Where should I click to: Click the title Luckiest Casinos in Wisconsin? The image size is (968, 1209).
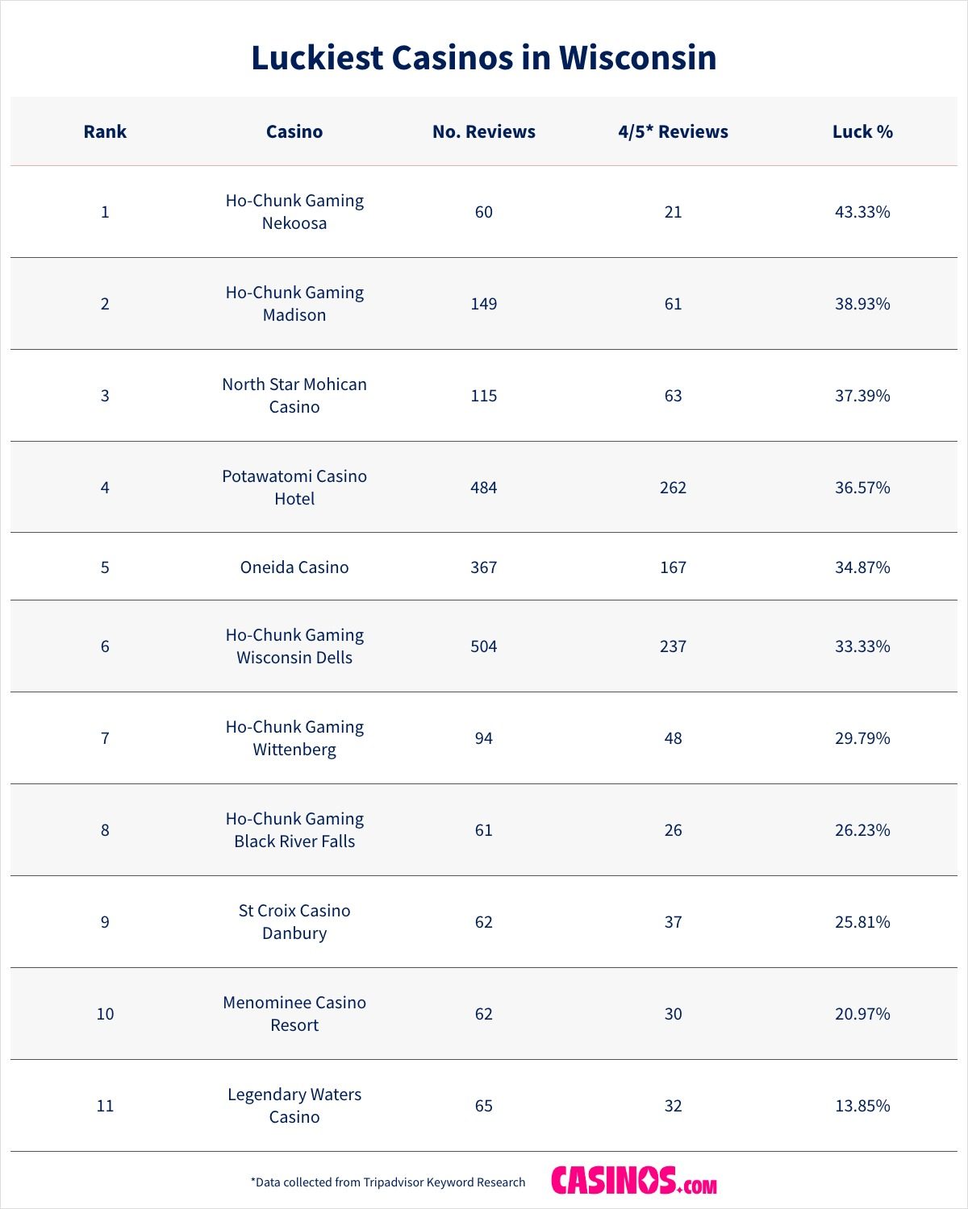click(x=483, y=58)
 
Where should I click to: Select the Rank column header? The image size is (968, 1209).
click(x=105, y=131)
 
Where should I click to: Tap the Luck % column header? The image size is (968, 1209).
click(x=862, y=131)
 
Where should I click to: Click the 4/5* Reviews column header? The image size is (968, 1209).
click(x=673, y=131)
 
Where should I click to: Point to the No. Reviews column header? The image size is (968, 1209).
click(x=483, y=131)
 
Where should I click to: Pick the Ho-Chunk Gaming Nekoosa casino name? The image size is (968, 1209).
click(x=294, y=211)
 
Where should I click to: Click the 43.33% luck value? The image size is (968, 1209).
click(x=862, y=212)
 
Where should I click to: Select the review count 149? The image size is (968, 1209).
click(x=483, y=304)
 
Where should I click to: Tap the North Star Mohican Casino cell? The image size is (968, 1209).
click(x=294, y=395)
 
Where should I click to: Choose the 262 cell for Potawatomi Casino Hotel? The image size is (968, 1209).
click(x=673, y=488)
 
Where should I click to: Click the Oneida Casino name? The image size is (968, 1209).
click(x=294, y=567)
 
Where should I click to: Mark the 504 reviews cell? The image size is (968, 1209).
click(x=483, y=646)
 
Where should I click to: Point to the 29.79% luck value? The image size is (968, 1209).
click(x=862, y=738)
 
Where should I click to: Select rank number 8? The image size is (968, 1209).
click(x=105, y=830)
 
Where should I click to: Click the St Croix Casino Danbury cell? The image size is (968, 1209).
click(x=294, y=921)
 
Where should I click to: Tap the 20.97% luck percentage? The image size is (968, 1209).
click(x=862, y=1014)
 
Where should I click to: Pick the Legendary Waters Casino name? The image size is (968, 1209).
click(x=294, y=1105)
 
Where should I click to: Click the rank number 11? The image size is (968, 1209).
click(x=105, y=1106)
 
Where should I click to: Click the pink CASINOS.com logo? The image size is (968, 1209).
click(x=634, y=1181)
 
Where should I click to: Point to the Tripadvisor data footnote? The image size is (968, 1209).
click(x=388, y=1182)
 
